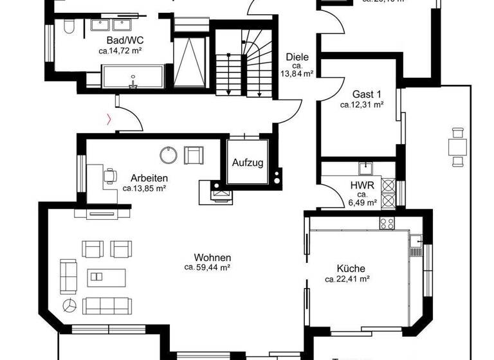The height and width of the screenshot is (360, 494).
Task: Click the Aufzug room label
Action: (248, 163)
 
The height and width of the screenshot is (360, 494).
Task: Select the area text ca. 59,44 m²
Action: (208, 266)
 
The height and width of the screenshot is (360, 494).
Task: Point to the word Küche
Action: (351, 269)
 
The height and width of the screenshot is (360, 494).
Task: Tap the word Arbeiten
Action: (149, 178)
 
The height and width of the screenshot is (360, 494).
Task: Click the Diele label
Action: (297, 57)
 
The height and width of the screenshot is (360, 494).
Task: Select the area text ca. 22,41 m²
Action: (347, 279)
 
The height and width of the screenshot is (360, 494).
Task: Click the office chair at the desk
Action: (110, 174)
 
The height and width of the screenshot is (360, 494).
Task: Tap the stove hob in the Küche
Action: (387, 224)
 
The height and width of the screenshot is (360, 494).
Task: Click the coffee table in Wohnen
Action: (96, 276)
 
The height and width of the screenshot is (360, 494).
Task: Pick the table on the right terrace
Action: (458, 147)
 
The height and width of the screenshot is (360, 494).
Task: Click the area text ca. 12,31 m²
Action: (362, 104)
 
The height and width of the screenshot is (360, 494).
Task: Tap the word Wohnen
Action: (215, 256)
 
